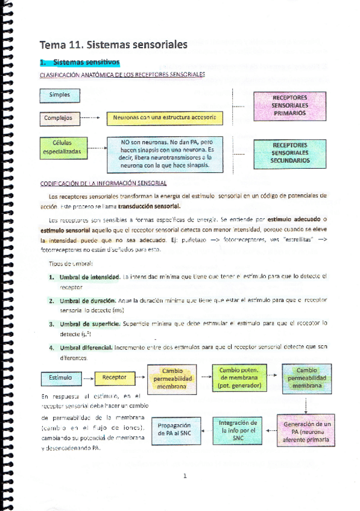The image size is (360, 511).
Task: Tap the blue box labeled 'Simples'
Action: pos(60,95)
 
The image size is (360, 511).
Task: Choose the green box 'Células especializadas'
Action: pos(62,148)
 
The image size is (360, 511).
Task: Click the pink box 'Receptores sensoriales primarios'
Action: pos(289,105)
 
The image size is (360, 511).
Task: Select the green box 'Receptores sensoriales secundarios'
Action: pos(289,153)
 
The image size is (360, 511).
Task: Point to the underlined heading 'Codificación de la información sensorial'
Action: pos(103,183)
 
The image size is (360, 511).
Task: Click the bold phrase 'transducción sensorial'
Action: pos(146,206)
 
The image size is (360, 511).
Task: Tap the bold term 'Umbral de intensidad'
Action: pos(89,276)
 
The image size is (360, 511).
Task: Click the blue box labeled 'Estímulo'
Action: pos(60,378)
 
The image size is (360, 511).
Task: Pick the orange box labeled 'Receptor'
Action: pos(115,378)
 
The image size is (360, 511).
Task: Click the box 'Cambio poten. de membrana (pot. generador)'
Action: pos(238,377)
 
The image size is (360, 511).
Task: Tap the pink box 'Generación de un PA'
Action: pos(306,432)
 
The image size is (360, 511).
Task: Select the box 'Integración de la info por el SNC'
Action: pos(237,431)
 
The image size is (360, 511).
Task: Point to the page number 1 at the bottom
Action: pos(185,476)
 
